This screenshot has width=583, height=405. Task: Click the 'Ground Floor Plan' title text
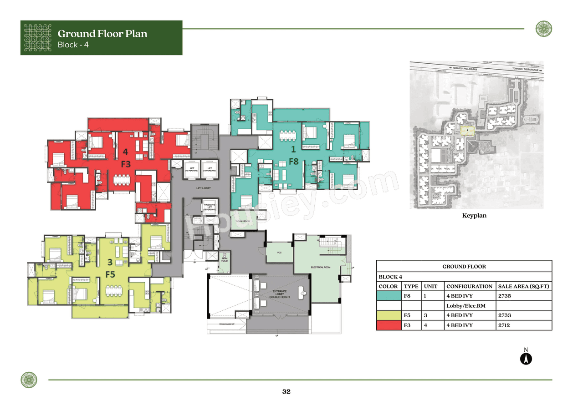(102, 34)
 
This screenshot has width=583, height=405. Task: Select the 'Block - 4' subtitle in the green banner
(73, 45)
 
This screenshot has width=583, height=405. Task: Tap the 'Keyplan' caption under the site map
(474, 216)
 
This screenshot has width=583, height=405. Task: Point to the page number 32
(286, 392)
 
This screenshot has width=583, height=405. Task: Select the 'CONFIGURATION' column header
(469, 286)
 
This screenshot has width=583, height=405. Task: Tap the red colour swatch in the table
(389, 325)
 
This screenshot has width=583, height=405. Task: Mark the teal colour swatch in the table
(389, 296)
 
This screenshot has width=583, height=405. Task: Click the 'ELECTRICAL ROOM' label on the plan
(320, 267)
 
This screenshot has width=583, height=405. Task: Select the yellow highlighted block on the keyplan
(467, 131)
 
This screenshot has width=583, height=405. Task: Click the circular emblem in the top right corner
(543, 29)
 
